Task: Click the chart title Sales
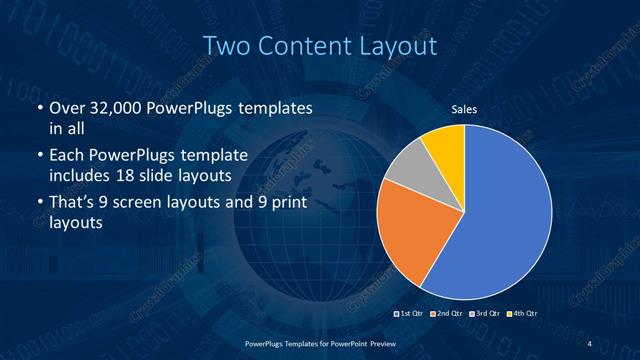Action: pos(463,111)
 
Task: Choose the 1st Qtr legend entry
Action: pos(413,315)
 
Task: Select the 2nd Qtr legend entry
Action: pos(448,315)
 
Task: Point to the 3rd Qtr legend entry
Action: pos(483,315)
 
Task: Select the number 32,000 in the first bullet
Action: pos(112,108)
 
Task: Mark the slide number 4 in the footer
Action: pos(589,343)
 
